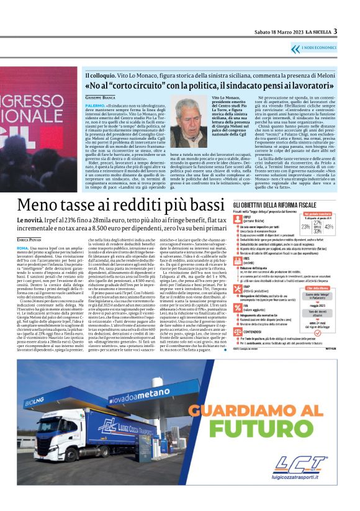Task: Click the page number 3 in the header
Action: [335, 32]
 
